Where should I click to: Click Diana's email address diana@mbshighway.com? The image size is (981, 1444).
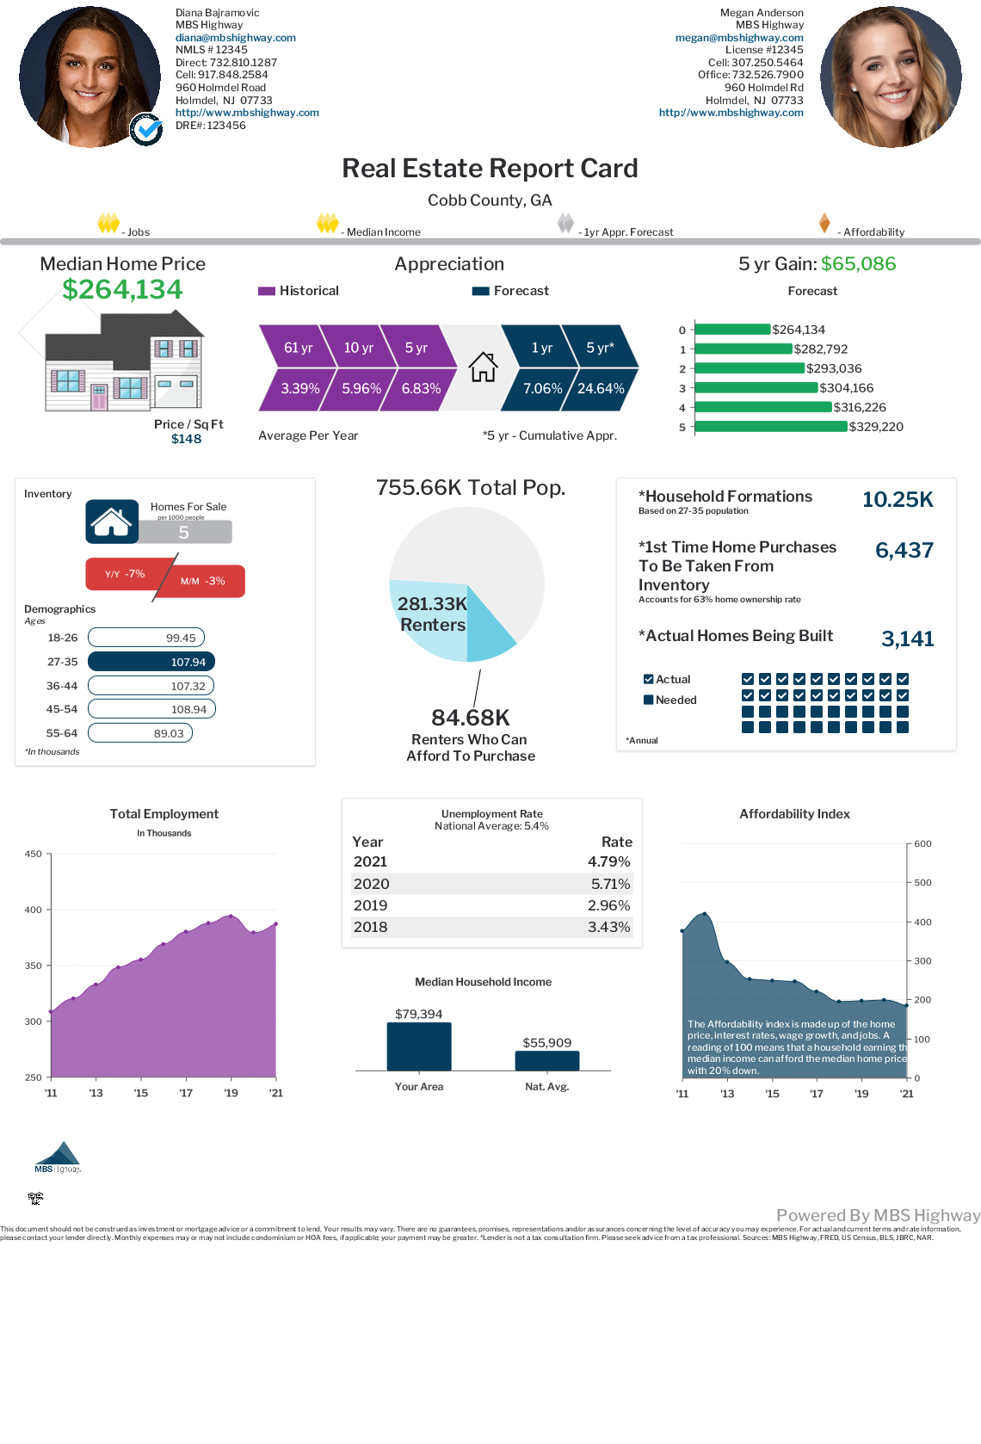(235, 38)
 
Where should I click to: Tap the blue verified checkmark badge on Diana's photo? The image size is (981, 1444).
(146, 130)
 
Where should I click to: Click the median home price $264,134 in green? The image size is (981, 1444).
(122, 290)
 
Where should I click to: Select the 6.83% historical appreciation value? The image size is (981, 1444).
(421, 388)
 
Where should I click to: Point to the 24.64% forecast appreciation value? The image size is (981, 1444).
(601, 388)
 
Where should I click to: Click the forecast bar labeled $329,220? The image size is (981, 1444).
(770, 427)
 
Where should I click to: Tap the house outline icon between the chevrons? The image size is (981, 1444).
(483, 367)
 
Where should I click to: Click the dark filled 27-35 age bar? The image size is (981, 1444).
(151, 662)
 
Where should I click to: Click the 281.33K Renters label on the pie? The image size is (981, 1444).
(432, 614)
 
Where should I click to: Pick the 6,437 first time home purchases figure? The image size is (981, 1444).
(904, 551)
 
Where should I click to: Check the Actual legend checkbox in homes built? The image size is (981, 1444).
(649, 679)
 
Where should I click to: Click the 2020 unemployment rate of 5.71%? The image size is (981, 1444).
(610, 884)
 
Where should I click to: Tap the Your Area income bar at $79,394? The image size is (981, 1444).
(419, 1046)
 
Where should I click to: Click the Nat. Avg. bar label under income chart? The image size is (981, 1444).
(546, 1087)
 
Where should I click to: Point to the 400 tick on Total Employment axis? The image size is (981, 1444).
(34, 910)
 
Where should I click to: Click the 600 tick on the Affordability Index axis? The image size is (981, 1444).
(922, 844)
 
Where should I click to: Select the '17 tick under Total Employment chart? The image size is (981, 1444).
(186, 1094)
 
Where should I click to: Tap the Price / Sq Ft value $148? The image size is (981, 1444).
(186, 439)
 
